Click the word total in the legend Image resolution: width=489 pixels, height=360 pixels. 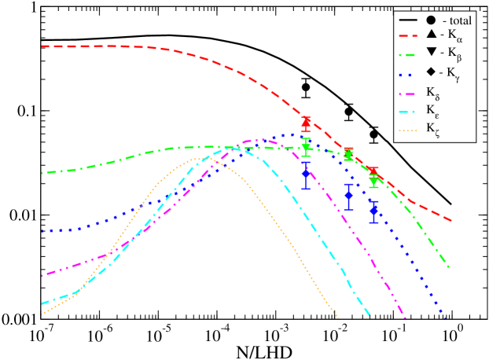click(x=457, y=20)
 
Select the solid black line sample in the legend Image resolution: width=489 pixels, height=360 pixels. click(x=407, y=20)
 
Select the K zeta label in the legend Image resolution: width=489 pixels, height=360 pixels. click(x=433, y=130)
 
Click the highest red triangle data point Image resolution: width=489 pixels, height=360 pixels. click(x=307, y=122)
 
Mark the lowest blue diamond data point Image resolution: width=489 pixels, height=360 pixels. click(x=374, y=210)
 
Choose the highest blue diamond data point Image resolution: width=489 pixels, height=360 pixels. click(x=307, y=174)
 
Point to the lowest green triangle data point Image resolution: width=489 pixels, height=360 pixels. click(x=374, y=182)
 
